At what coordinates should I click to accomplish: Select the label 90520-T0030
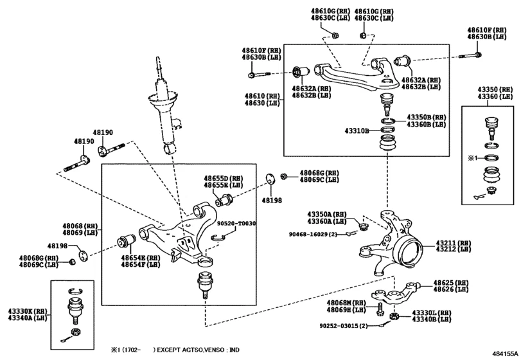236,223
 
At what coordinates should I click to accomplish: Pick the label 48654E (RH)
145,257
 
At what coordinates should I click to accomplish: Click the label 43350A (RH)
326,213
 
